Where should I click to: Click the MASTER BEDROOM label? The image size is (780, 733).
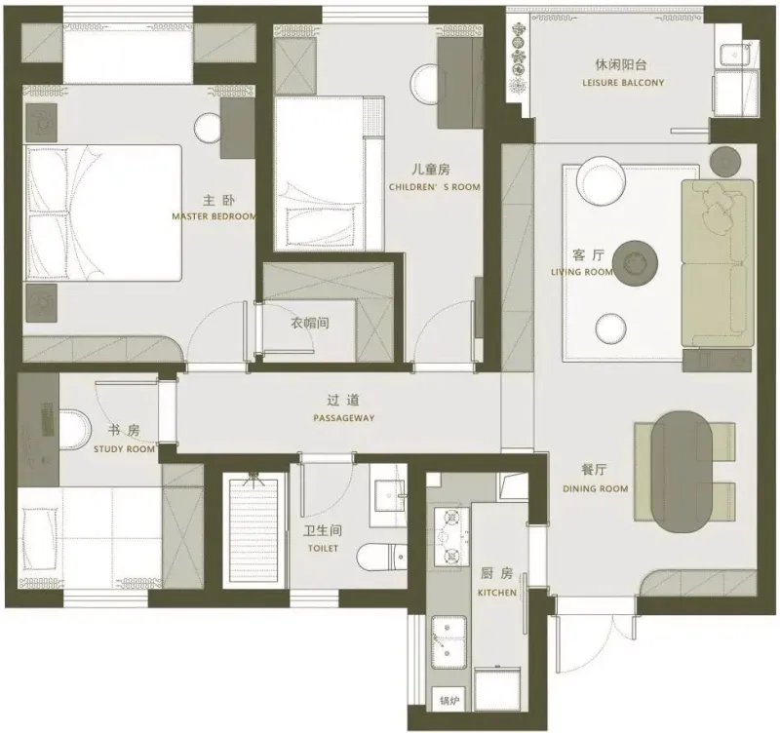(x=214, y=216)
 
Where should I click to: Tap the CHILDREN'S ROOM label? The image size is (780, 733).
(x=435, y=187)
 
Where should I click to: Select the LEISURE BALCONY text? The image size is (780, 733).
(x=623, y=83)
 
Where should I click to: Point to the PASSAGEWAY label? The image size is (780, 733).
(x=344, y=418)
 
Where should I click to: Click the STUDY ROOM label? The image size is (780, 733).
(x=125, y=449)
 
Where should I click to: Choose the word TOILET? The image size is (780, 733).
(x=323, y=549)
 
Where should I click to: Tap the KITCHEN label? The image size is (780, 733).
(x=497, y=593)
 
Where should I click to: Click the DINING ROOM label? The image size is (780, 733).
(x=596, y=489)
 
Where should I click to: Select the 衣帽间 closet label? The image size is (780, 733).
(x=310, y=324)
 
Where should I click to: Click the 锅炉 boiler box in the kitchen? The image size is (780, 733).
(x=448, y=701)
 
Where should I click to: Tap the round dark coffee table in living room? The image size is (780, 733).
(x=635, y=262)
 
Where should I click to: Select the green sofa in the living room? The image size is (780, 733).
(x=717, y=263)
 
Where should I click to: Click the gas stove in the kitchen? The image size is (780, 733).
(x=451, y=536)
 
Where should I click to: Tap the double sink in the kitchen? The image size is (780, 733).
(x=448, y=642)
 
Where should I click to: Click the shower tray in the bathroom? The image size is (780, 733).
(x=254, y=530)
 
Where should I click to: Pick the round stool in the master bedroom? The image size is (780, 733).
(x=209, y=128)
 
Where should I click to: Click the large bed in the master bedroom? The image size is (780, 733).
(x=103, y=213)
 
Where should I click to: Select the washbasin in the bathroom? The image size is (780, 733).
(x=388, y=496)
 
